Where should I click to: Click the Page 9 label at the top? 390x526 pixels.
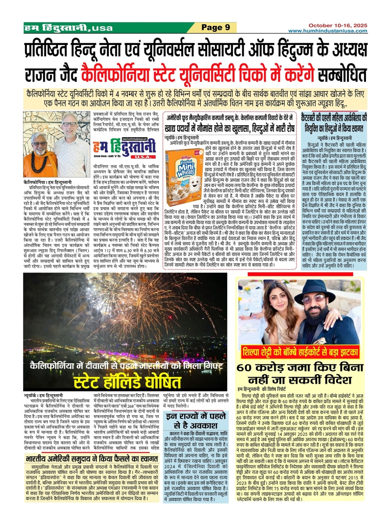(x=215, y=27)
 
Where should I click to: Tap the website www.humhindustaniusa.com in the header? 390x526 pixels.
(x=327, y=31)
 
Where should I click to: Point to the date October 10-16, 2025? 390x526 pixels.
(x=337, y=25)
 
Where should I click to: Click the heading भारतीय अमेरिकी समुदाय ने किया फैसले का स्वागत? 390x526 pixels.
(x=91, y=458)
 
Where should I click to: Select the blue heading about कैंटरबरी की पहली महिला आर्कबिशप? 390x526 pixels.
(x=333, y=122)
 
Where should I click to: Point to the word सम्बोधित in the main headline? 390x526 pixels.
(x=342, y=75)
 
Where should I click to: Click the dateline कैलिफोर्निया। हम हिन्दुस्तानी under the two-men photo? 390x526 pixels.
(x=47, y=182)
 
